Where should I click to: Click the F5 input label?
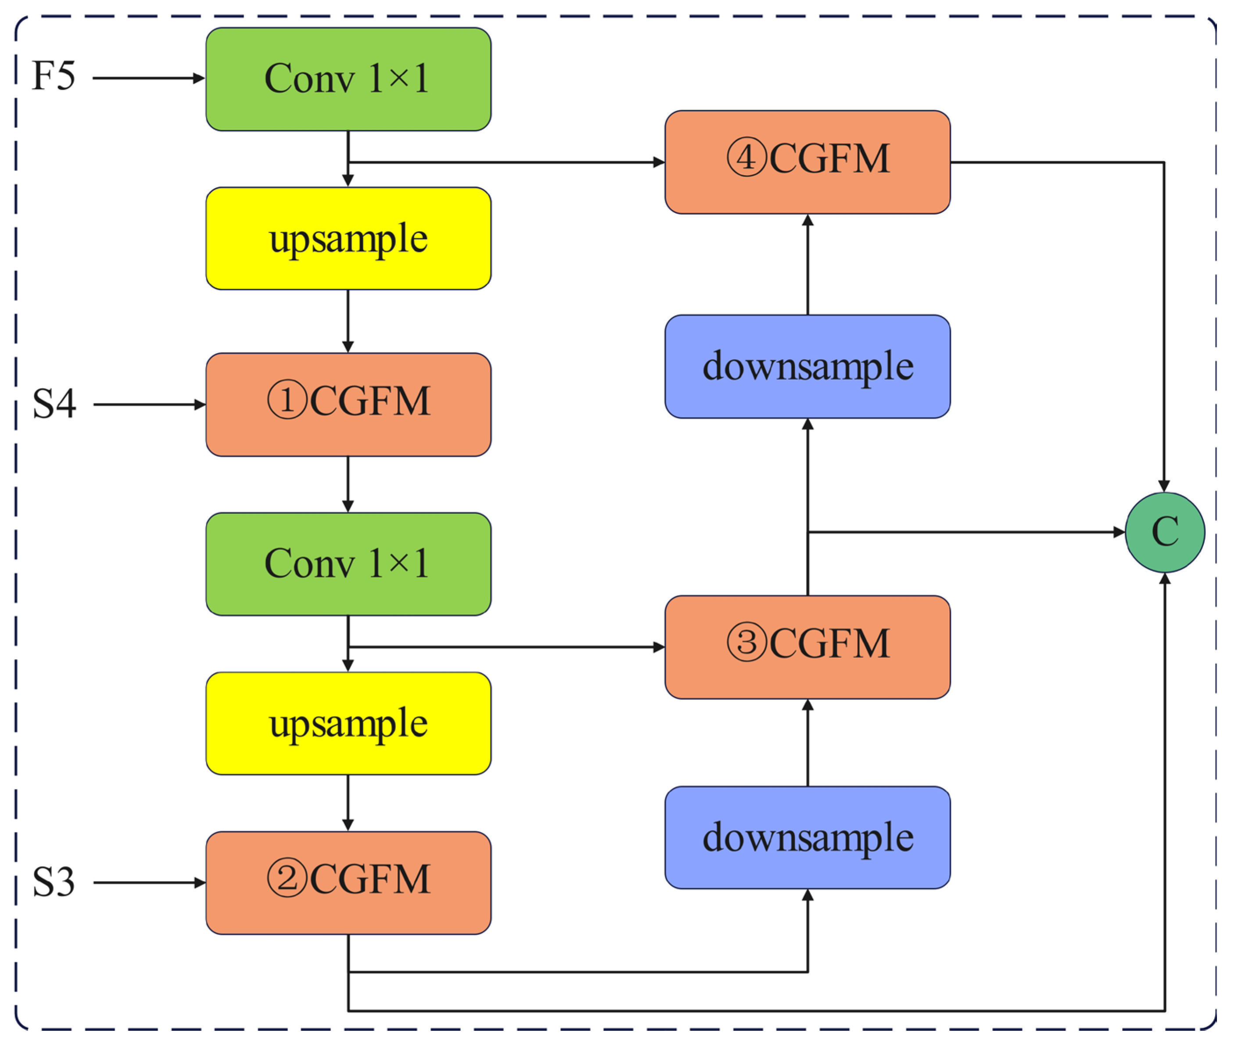pos(54,76)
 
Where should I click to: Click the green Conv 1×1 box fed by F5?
pos(348,79)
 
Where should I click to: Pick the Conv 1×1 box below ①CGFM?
pos(348,563)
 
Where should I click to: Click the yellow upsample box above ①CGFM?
pos(348,239)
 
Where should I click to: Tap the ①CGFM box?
pos(348,405)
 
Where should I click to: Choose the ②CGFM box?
pos(348,883)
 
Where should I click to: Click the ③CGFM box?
pos(807,647)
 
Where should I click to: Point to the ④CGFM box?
pos(807,162)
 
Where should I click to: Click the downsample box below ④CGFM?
pos(807,366)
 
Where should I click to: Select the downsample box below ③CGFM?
pos(807,838)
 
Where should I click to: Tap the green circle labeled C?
pos(1165,532)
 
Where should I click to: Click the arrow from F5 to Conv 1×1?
pos(149,78)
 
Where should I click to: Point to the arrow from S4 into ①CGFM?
pos(149,405)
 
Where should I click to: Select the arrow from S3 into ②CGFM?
pos(149,883)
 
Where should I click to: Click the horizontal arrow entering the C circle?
pos(965,532)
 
